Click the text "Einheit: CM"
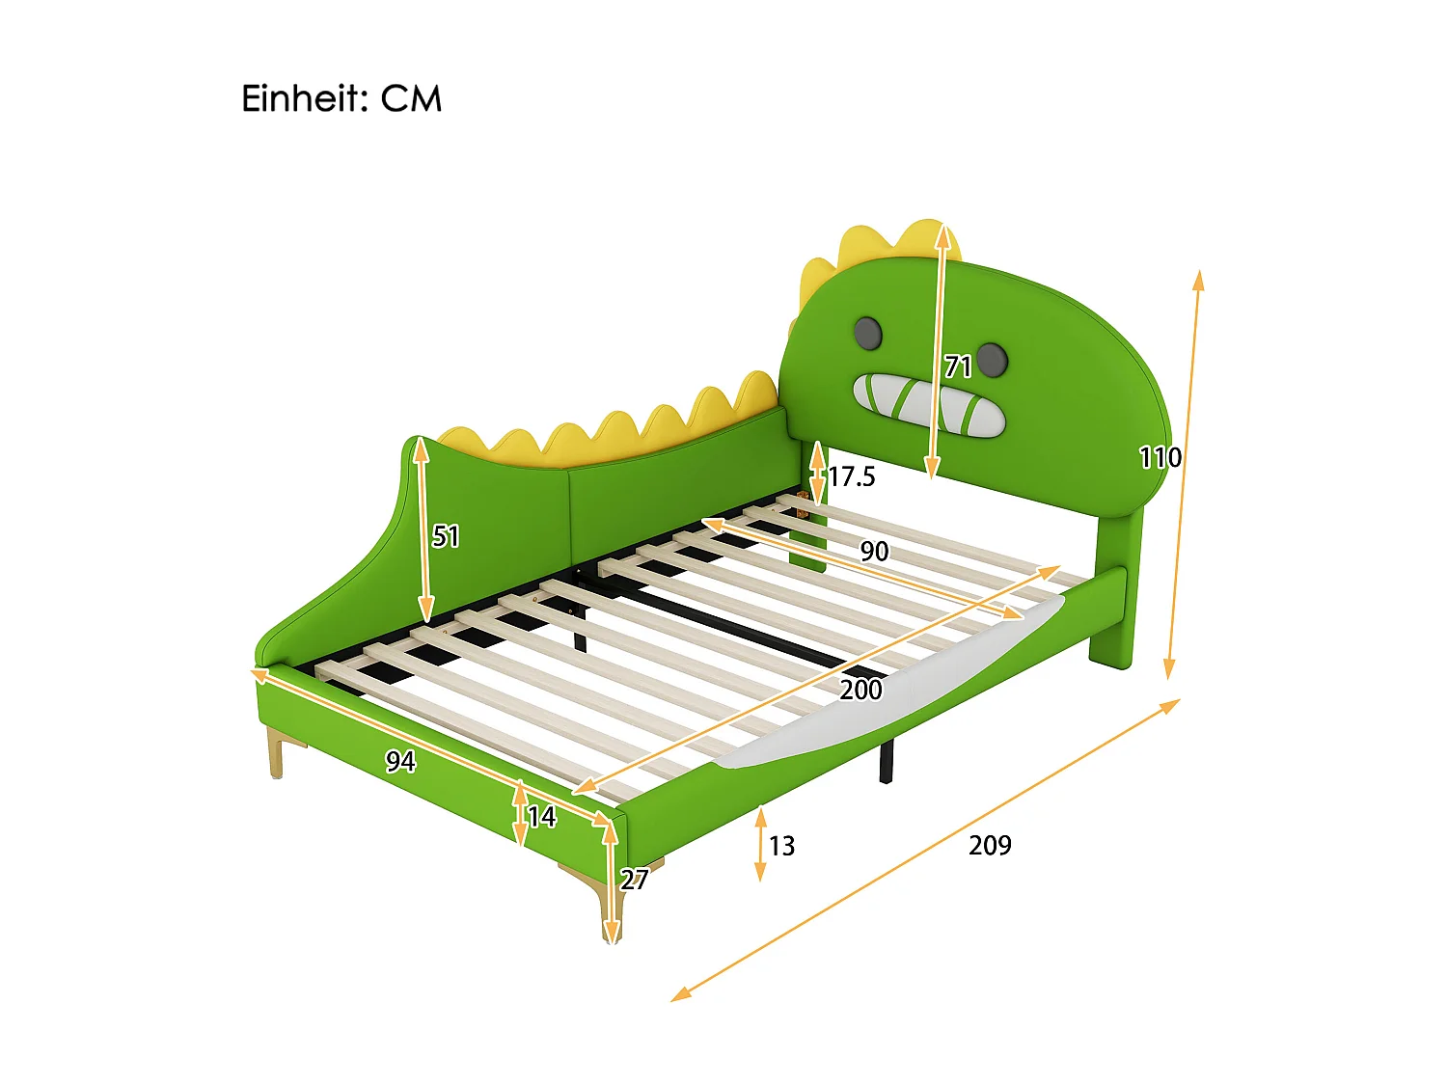(x=341, y=99)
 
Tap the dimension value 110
(x=1160, y=457)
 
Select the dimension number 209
(x=990, y=846)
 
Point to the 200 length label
(x=860, y=690)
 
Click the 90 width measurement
(x=874, y=552)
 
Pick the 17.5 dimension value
(x=852, y=476)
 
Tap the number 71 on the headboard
(x=958, y=366)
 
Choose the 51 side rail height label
(x=446, y=536)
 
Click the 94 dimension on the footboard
(x=400, y=762)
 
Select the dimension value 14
(x=542, y=818)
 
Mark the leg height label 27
(x=634, y=880)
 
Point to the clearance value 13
(x=781, y=847)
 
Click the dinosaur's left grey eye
(x=868, y=333)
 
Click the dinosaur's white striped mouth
(x=928, y=404)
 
